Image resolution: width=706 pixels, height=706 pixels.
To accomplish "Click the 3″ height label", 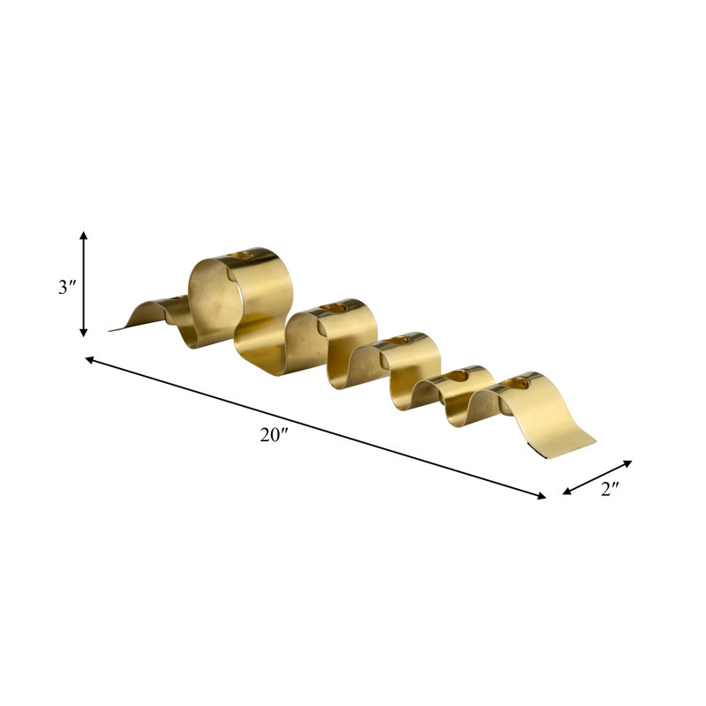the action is coord(67,287).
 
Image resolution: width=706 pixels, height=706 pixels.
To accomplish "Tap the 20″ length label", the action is coord(274,434).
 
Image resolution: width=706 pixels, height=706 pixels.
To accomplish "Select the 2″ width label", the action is coord(610,489).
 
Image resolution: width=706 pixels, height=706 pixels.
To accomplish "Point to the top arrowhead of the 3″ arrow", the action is coord(83,235).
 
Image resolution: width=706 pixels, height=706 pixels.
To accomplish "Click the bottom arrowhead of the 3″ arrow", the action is coord(83,333).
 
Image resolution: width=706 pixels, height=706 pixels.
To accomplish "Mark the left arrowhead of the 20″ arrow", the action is coord(89,359).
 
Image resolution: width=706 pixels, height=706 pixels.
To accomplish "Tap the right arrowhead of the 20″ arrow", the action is coord(542,496).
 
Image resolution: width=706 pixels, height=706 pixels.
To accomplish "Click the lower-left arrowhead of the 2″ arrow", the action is coord(567,492).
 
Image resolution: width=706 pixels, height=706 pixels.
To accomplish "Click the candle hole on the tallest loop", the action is coord(241,255).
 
